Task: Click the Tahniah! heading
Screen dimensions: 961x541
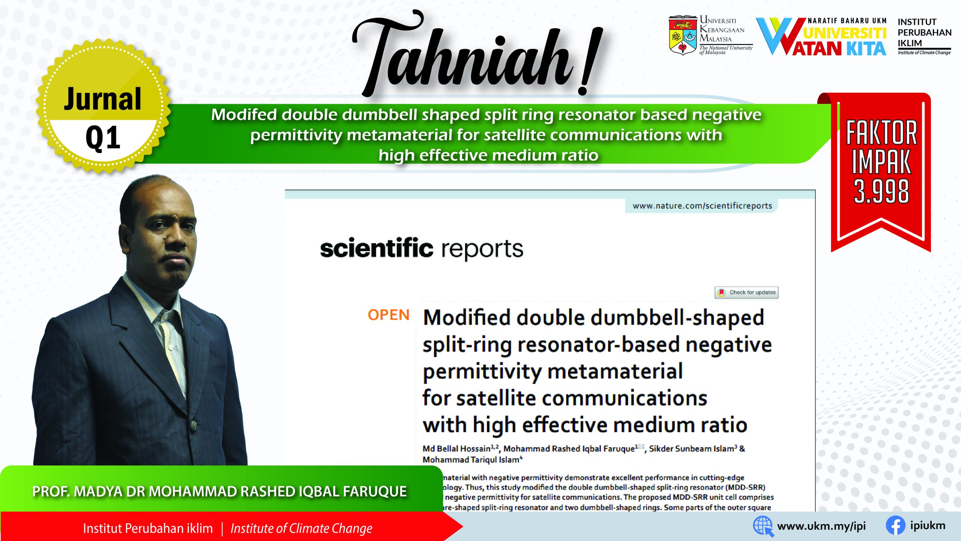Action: click(x=477, y=54)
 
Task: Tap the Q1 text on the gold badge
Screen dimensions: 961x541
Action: click(x=103, y=138)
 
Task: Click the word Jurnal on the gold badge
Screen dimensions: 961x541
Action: click(x=102, y=99)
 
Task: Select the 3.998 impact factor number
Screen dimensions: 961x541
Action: click(x=881, y=191)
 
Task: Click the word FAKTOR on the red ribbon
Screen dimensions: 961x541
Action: click(x=881, y=133)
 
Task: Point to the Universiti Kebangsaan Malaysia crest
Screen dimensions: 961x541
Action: click(x=682, y=36)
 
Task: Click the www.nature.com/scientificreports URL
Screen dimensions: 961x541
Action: click(x=702, y=206)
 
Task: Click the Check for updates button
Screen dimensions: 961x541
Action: click(x=746, y=292)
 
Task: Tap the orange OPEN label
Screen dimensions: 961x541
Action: click(x=389, y=315)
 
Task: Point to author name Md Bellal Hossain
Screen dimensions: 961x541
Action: click(x=456, y=449)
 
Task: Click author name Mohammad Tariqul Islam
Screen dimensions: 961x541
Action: click(x=471, y=460)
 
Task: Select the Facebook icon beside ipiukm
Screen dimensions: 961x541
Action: click(x=895, y=526)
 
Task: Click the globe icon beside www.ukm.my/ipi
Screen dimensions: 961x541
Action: click(x=763, y=526)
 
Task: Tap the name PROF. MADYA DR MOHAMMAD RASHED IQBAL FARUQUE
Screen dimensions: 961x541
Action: click(x=220, y=491)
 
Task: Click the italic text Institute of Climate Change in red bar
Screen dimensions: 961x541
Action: click(x=301, y=529)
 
